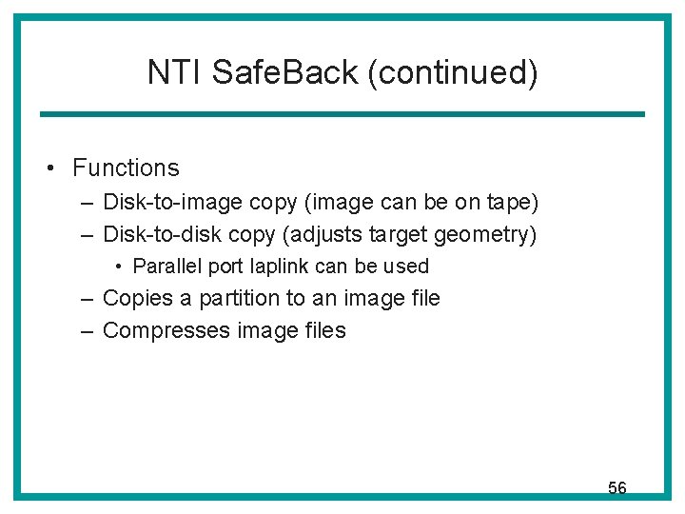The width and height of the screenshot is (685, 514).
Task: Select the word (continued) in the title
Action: tap(453, 72)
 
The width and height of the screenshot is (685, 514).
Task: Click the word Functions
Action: tap(126, 168)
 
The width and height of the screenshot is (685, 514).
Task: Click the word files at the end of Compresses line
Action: tap(321, 331)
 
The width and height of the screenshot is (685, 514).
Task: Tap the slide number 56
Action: tap(617, 488)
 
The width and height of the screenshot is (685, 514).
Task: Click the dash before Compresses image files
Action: tap(87, 331)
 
